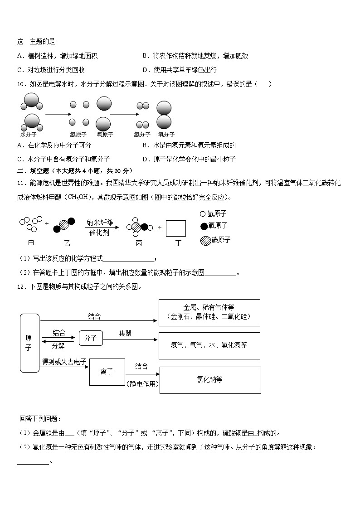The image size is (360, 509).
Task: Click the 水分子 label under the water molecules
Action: [29, 135]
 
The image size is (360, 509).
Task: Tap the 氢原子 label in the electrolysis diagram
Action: [78, 135]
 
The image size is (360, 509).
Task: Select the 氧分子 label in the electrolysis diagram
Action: [166, 135]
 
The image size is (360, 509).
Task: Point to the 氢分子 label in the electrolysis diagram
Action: [142, 135]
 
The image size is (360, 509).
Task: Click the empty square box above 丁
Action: [176, 228]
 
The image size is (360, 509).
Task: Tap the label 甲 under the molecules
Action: [31, 243]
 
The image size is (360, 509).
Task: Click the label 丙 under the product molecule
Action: [139, 243]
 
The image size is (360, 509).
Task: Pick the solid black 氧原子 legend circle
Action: [204, 226]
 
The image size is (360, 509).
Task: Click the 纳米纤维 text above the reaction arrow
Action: [100, 223]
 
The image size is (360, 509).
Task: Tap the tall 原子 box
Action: [29, 343]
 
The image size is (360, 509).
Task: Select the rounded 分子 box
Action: [91, 338]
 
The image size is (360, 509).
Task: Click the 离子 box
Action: [107, 372]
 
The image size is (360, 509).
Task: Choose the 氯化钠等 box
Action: [210, 380]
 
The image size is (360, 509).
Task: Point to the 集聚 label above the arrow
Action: [126, 333]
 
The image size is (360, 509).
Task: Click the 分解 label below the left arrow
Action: [58, 346]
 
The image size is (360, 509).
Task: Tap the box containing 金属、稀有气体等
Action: [209, 312]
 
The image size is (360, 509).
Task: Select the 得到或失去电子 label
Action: [64, 362]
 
